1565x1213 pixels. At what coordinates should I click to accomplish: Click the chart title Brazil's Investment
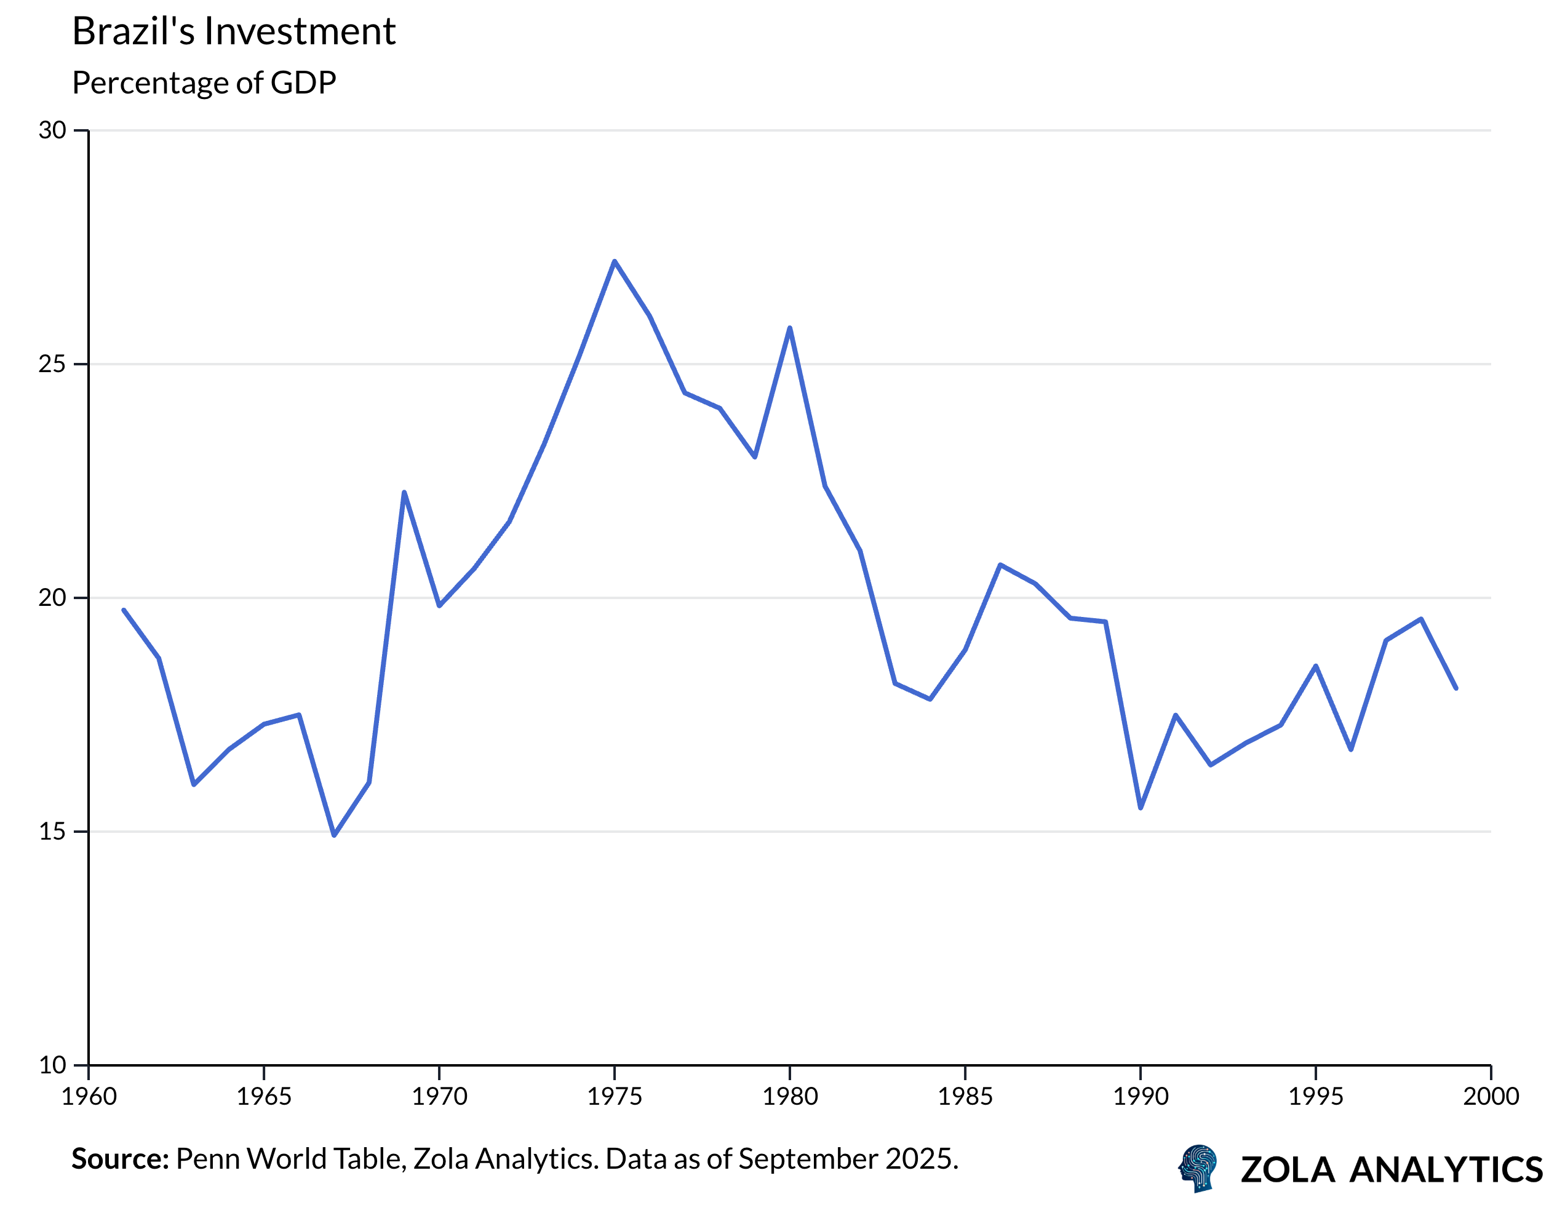pos(234,31)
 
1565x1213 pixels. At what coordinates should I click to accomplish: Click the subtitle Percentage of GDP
pos(204,83)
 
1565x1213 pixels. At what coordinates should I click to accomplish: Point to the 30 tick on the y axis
pos(52,130)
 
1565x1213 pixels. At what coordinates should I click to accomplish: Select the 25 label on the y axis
pos(52,364)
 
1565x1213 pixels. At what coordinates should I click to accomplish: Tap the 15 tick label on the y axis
pos(52,832)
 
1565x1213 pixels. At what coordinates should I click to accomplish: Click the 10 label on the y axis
pos(52,1065)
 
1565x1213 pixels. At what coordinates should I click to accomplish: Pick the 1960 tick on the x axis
pos(89,1096)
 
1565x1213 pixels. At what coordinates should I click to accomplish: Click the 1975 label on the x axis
pos(615,1096)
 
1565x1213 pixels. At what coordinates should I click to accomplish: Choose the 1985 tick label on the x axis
pos(965,1096)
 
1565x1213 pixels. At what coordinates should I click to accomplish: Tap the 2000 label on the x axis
pos(1491,1096)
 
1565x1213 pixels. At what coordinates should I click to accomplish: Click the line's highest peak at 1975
pos(615,261)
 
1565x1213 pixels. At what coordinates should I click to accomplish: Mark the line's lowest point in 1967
pos(334,835)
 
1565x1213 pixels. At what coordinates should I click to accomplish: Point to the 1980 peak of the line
pos(790,328)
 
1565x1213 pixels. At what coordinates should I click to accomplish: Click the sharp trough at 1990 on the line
pos(1140,808)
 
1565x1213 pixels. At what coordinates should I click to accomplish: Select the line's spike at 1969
pos(404,492)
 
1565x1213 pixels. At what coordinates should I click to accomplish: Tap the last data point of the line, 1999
pos(1456,688)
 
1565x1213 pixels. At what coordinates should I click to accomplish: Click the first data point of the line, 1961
pos(124,610)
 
